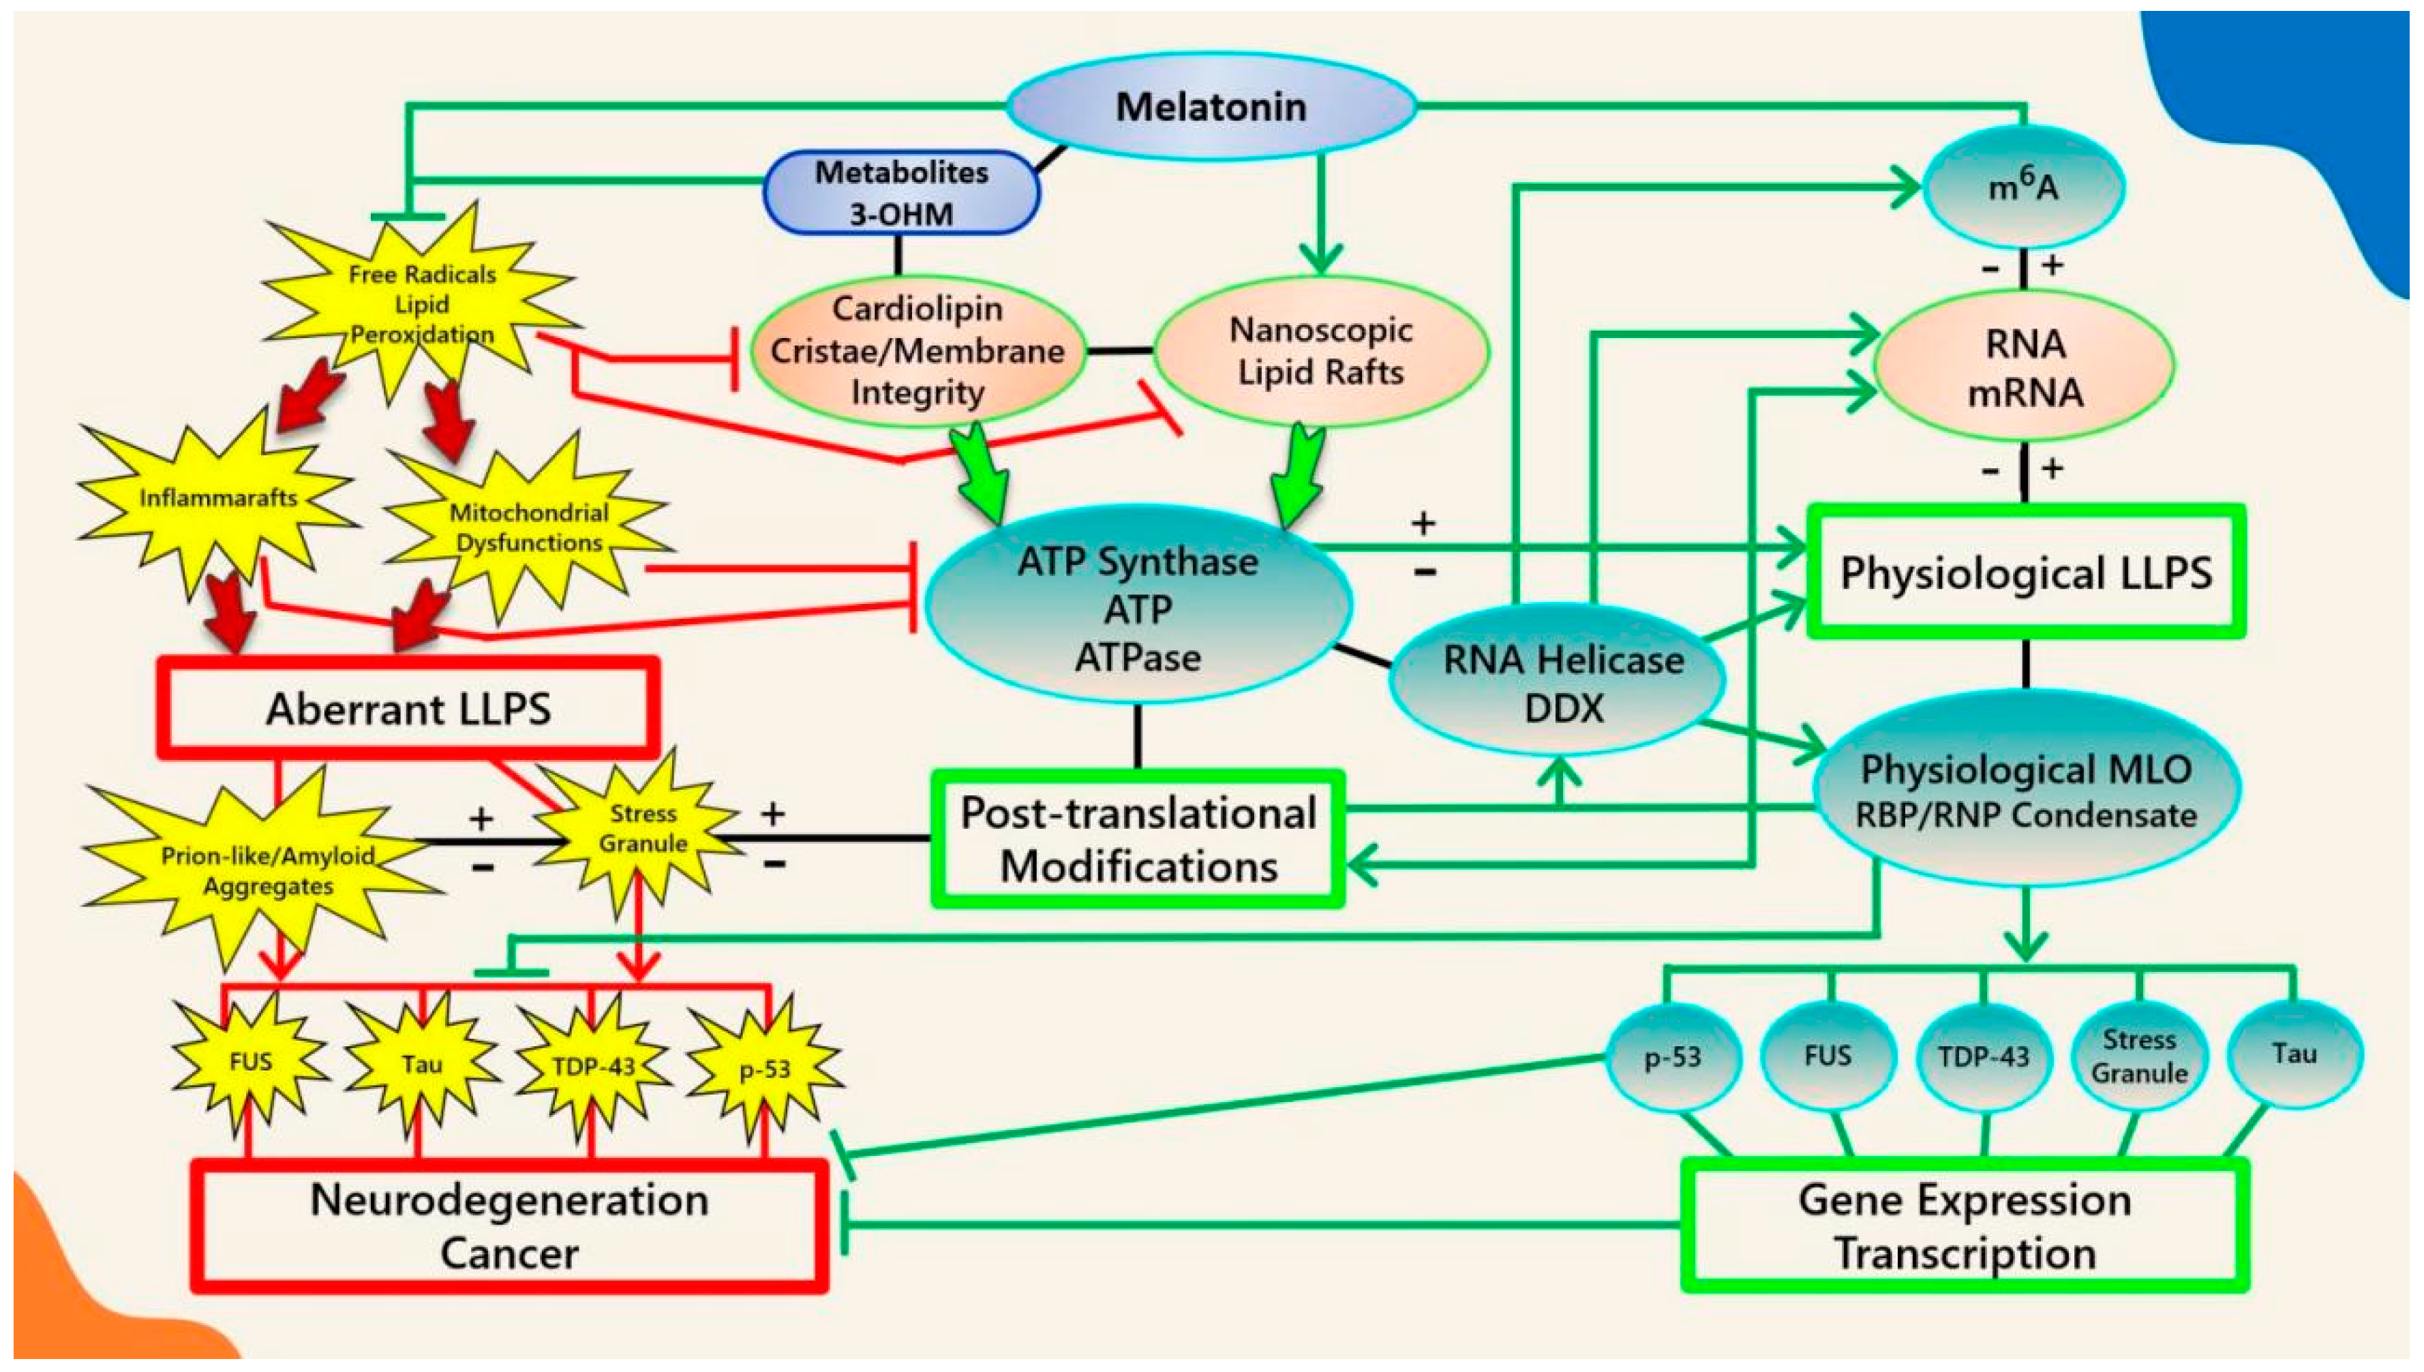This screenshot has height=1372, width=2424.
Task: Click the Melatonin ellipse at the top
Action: (1211, 106)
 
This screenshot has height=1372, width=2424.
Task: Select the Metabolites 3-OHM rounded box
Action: (902, 192)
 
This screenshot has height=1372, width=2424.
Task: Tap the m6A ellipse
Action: (2022, 187)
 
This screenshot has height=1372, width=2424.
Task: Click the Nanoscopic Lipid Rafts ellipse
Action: (1320, 350)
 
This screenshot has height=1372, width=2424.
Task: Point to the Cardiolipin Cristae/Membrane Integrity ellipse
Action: (917, 350)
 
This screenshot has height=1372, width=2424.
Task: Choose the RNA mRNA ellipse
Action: (2025, 367)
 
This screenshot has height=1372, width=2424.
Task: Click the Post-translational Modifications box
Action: (1138, 838)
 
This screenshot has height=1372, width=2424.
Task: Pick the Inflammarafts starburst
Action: (217, 498)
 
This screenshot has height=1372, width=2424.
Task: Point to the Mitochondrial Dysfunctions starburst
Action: (529, 528)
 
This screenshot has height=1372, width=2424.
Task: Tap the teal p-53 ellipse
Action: (1672, 1057)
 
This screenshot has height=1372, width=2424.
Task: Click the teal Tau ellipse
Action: (2293, 1054)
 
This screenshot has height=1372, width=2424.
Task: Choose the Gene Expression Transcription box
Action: (1964, 1225)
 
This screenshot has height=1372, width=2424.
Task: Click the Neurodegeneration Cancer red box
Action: (509, 1225)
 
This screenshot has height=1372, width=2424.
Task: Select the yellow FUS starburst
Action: (251, 1062)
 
